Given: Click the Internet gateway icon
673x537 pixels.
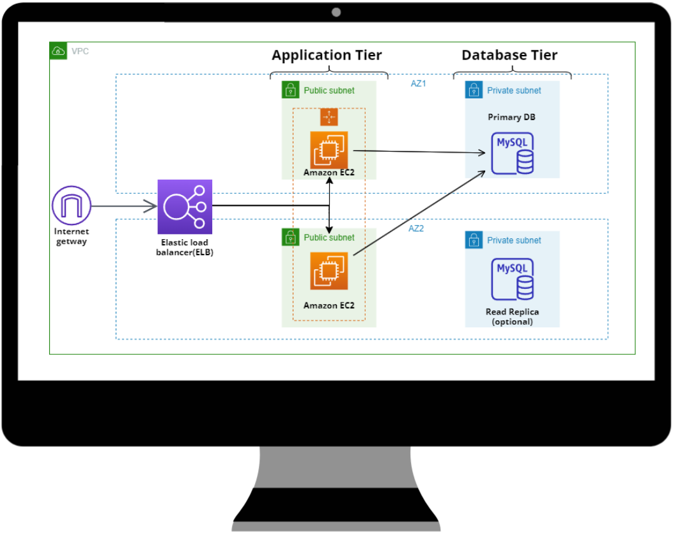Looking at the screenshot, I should tap(72, 206).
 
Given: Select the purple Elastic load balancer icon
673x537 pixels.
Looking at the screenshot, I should tap(185, 206).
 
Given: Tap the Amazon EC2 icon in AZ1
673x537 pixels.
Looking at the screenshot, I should tap(329, 150).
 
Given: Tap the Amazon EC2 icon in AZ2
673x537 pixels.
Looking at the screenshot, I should tap(329, 271).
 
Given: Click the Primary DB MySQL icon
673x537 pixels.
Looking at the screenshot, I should tap(512, 153).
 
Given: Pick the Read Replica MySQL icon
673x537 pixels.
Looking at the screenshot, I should tap(512, 279).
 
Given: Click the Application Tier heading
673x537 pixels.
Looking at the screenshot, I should tap(327, 55).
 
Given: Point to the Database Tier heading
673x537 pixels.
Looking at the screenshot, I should tap(509, 55).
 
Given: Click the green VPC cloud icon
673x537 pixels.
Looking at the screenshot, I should tap(58, 51).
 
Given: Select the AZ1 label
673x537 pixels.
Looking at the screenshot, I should tap(419, 83).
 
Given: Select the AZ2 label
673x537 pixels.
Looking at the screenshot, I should tap(416, 228).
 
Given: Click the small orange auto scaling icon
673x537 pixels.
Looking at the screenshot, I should tap(329, 117).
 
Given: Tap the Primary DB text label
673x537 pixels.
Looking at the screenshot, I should tap(511, 117).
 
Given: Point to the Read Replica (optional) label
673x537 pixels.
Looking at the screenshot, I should tap(512, 316).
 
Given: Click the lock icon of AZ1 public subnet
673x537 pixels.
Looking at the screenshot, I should tap(291, 90).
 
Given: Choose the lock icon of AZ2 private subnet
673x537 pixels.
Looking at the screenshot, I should tap(474, 240).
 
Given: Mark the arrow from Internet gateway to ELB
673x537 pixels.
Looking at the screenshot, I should tap(125, 206).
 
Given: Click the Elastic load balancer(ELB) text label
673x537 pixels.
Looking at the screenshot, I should tap(185, 247).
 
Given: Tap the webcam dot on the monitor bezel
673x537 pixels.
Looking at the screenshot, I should tap(336, 12).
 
